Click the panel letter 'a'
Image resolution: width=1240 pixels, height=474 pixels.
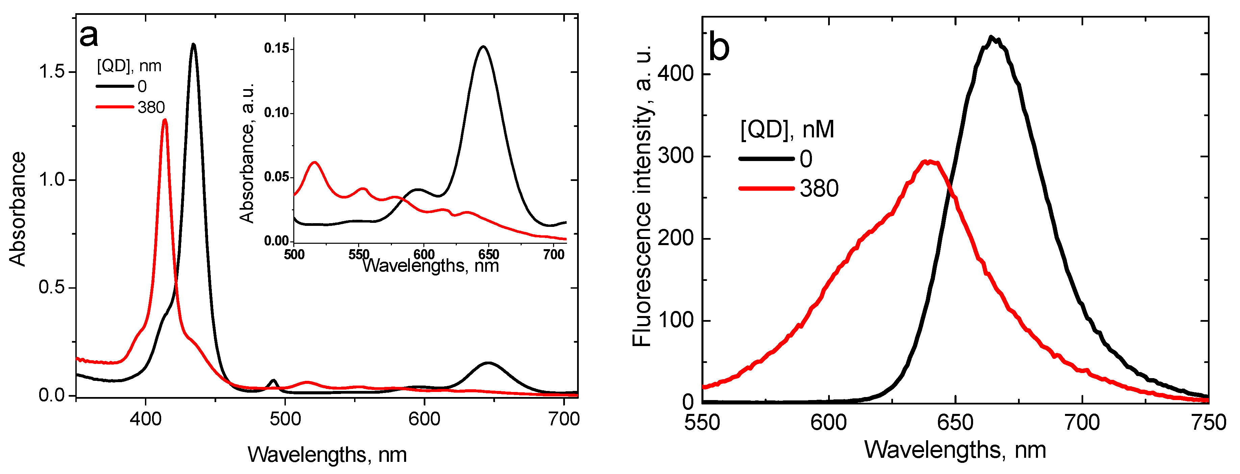(89, 36)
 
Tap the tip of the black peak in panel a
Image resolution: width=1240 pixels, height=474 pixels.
(194, 44)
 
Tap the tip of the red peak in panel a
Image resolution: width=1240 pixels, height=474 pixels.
(165, 120)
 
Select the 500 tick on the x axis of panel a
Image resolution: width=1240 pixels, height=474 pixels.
(285, 419)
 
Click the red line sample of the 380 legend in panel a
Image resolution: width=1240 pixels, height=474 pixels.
(115, 107)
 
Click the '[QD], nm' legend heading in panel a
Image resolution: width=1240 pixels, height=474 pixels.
(129, 65)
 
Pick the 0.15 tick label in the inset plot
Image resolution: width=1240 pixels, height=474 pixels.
(276, 48)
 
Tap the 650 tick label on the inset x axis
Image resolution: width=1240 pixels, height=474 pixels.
(489, 254)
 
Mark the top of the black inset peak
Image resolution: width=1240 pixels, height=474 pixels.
(483, 47)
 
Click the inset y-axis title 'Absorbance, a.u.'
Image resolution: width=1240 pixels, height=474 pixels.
(247, 153)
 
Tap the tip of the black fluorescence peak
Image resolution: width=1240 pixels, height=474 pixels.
(991, 36)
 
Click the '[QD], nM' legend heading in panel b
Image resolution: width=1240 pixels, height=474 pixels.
(787, 129)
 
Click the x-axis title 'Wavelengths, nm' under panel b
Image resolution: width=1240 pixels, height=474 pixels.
(955, 450)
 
